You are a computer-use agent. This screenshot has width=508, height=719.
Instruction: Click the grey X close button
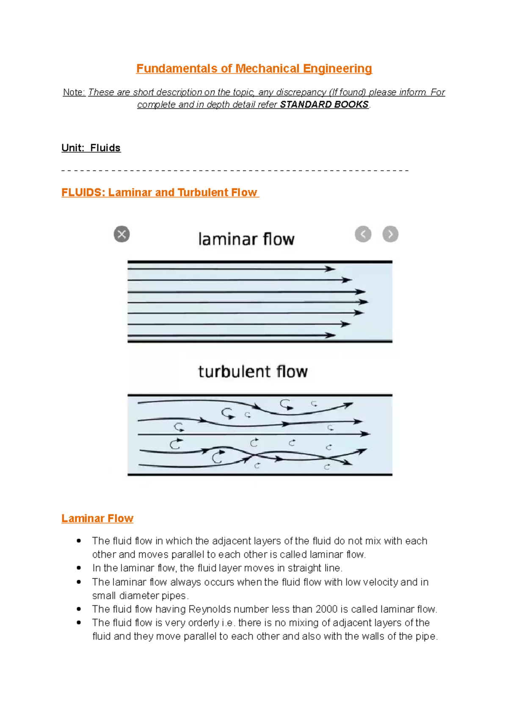[x=121, y=234]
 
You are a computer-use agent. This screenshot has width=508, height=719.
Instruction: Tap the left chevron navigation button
[x=363, y=234]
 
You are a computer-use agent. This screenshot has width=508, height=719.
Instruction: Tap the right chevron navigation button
[x=390, y=234]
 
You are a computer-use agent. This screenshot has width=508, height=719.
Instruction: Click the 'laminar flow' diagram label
[x=246, y=239]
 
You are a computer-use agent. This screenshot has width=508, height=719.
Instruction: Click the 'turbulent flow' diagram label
[x=253, y=372]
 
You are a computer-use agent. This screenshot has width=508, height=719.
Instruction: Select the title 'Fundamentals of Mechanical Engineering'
[x=254, y=69]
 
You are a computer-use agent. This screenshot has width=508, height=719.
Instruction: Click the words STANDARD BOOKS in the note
[x=324, y=105]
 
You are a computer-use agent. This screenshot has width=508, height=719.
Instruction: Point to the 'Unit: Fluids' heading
[x=91, y=148]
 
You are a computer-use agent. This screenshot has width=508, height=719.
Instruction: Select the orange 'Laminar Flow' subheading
[x=97, y=518]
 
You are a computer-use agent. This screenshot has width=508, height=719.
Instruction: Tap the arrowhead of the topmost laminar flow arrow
[x=331, y=269]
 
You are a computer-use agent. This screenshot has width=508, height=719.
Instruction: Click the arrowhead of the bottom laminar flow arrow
[x=331, y=335]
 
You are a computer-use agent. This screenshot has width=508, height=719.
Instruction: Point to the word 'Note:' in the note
[x=74, y=92]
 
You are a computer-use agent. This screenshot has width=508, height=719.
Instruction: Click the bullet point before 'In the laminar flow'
[x=79, y=568]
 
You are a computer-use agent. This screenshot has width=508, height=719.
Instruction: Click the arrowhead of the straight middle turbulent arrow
[x=365, y=434]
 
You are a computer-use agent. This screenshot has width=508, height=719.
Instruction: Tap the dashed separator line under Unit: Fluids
[x=235, y=171]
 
